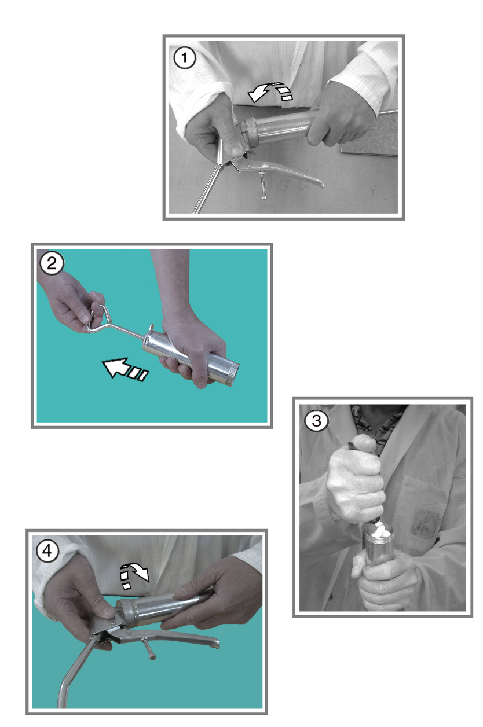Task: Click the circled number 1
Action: tap(185, 58)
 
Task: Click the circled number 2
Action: tap(52, 263)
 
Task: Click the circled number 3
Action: tap(316, 421)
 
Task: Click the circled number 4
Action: tap(47, 551)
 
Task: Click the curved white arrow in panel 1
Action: tap(270, 91)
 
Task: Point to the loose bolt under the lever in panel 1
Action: tap(262, 185)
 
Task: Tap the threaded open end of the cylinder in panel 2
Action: tap(235, 373)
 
